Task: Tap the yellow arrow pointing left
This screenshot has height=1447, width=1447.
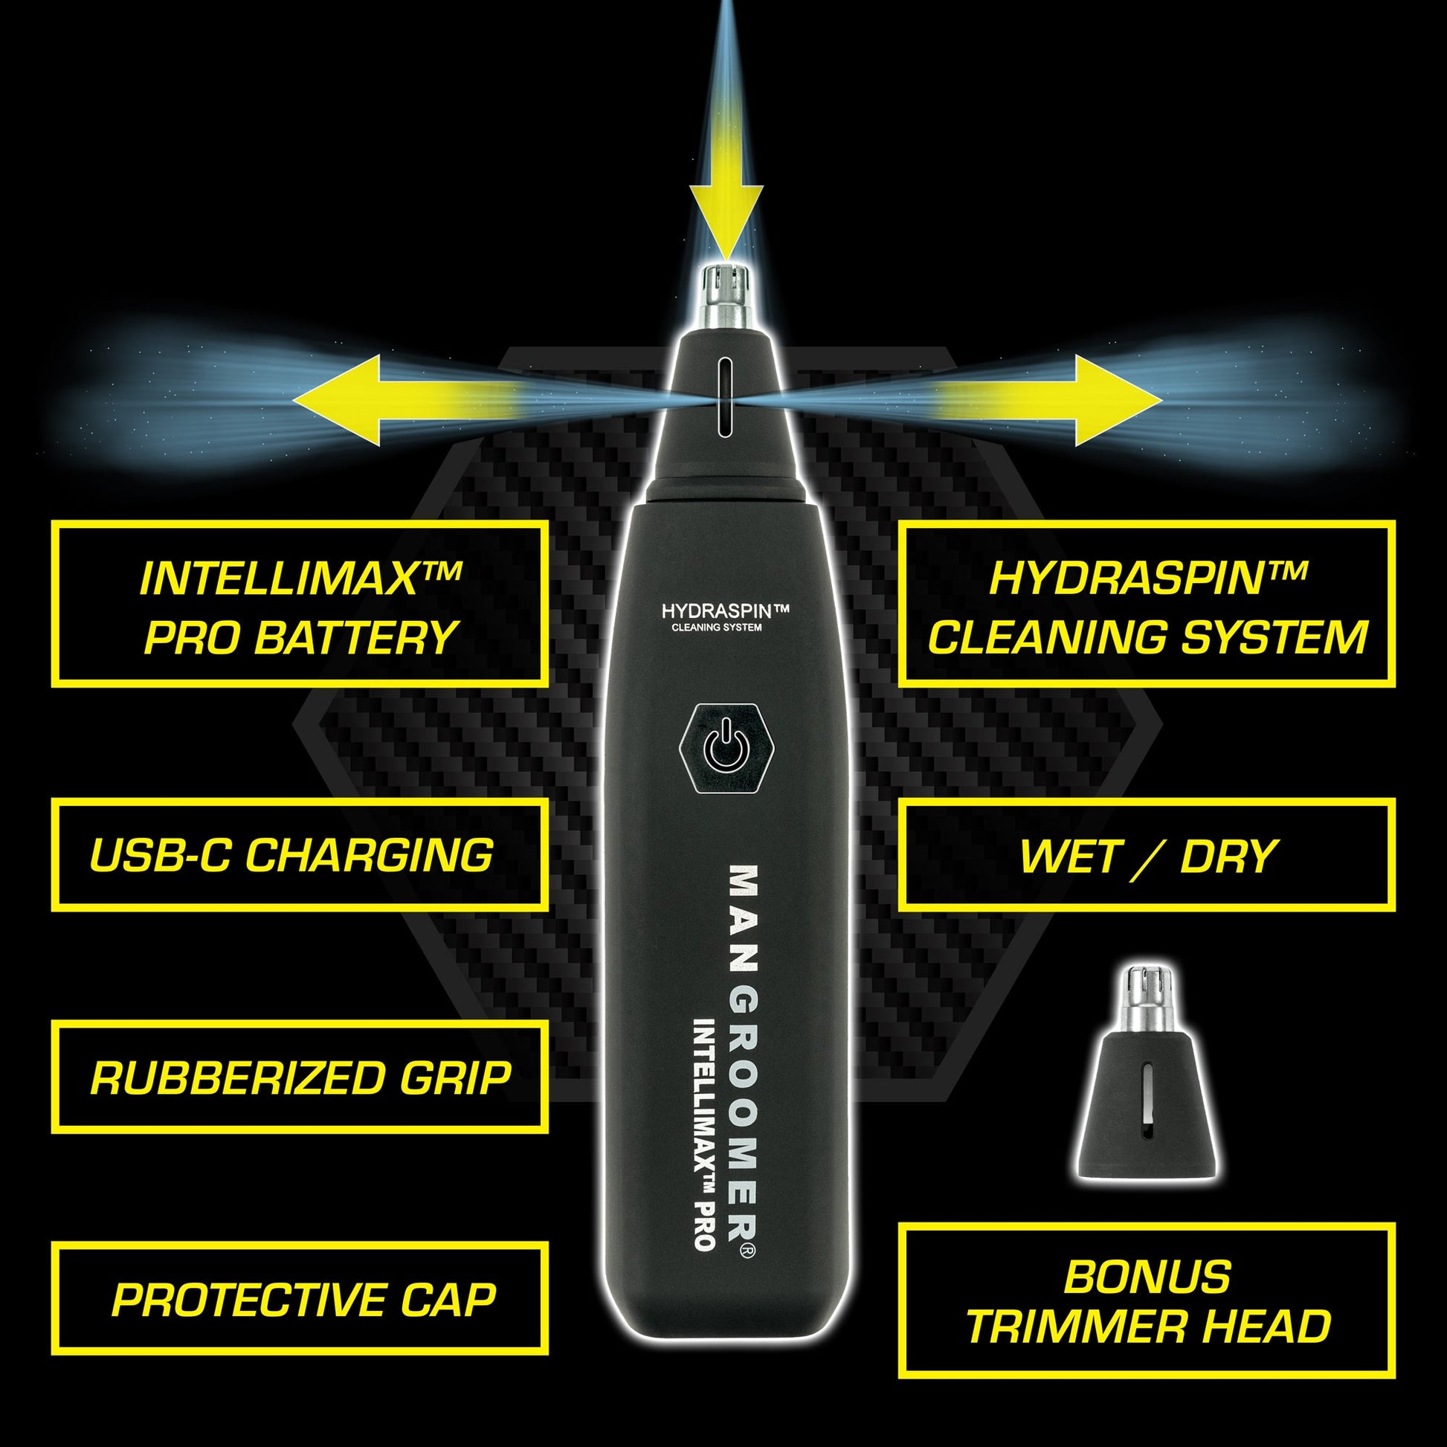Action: click(x=405, y=401)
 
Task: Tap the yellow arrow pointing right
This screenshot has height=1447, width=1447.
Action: click(x=1045, y=401)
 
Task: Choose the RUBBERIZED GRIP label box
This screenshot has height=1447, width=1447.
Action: click(x=299, y=1077)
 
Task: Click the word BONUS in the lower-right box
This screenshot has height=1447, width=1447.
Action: click(x=1147, y=1277)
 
